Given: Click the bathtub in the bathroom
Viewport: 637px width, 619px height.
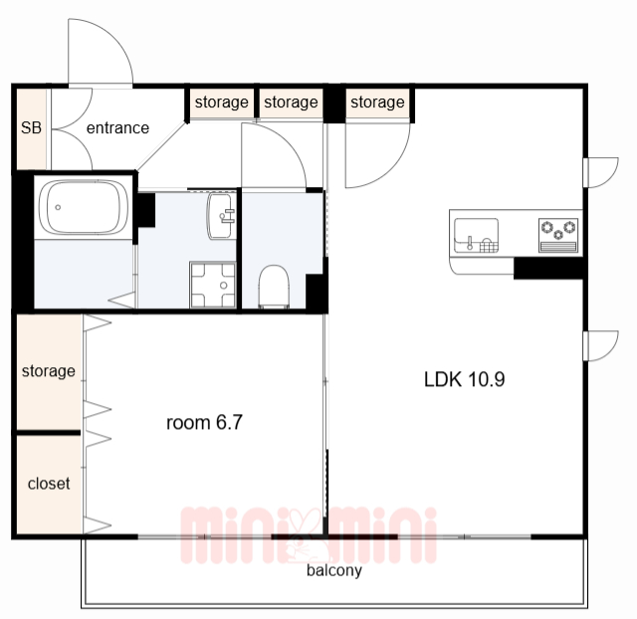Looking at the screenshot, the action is [84, 207].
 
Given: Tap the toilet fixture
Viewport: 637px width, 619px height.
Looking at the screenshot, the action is [274, 287].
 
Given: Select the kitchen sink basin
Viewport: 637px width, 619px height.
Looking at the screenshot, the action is [476, 236].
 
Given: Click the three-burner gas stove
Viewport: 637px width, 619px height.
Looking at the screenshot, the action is [558, 235].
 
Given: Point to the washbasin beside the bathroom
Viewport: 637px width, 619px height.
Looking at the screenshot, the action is [221, 216].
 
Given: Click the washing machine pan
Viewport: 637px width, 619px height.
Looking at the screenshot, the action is [212, 286].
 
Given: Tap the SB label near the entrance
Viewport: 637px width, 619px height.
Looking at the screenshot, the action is [31, 128].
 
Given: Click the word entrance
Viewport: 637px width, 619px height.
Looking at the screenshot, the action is [117, 128].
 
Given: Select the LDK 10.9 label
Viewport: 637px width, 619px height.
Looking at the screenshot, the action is [465, 379].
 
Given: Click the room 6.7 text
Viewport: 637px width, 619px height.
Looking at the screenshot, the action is [204, 422].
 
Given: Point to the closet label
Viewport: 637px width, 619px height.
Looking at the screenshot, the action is [49, 484].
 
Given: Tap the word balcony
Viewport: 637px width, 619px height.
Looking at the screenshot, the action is [334, 570].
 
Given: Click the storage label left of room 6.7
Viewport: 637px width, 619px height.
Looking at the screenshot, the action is [49, 371].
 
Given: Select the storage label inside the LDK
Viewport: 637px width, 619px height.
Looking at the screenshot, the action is [377, 103].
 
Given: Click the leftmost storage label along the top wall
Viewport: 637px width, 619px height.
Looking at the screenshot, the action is [221, 103].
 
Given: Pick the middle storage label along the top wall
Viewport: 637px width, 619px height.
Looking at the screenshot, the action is [291, 103].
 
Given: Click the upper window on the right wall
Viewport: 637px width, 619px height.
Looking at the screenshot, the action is [601, 172].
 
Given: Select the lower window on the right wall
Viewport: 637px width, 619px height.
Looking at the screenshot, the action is [601, 346].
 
